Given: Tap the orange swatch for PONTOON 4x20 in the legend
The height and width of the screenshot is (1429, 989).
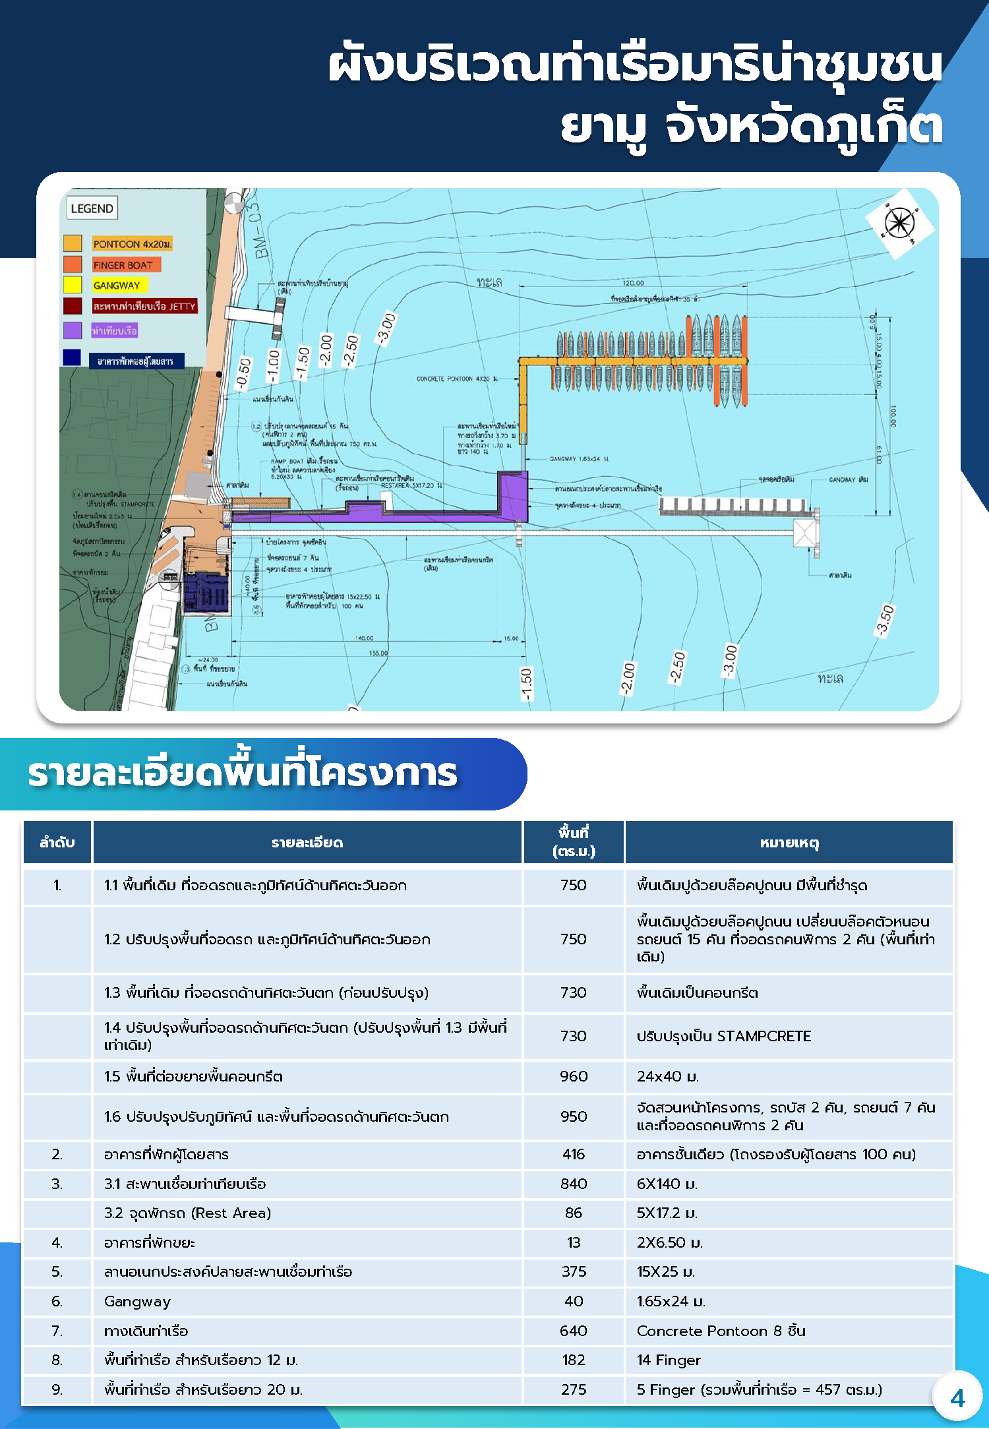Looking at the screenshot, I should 73,243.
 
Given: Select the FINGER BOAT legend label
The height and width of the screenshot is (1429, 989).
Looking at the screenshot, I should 123,265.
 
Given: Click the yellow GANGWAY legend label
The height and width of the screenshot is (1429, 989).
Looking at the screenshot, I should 117,286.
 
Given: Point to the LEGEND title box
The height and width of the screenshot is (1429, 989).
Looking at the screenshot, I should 92,208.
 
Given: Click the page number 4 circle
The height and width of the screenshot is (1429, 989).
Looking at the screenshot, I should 957,1398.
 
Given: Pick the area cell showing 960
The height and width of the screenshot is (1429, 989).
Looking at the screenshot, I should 574,1076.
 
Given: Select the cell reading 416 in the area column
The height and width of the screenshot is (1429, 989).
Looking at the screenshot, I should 574,1154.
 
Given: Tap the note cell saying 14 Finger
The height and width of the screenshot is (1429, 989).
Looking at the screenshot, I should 669,1360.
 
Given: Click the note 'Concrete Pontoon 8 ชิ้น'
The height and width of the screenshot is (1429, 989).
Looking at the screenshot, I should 721,1331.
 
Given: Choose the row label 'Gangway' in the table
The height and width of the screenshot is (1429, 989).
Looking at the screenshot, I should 137,1301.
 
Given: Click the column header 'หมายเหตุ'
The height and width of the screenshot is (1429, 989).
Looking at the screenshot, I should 789,842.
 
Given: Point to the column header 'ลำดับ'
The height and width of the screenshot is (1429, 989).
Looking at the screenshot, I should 57,842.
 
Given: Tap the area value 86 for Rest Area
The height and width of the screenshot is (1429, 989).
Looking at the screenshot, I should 574,1213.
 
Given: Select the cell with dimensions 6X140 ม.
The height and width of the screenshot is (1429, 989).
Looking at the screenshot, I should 667,1184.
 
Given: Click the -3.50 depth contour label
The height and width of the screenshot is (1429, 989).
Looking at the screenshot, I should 885,621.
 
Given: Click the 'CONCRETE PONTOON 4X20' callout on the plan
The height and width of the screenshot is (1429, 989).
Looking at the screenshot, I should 457,379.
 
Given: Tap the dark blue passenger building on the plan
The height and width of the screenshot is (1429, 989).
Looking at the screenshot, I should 206,592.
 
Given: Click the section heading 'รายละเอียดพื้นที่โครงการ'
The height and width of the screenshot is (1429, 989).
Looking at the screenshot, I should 243,774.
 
